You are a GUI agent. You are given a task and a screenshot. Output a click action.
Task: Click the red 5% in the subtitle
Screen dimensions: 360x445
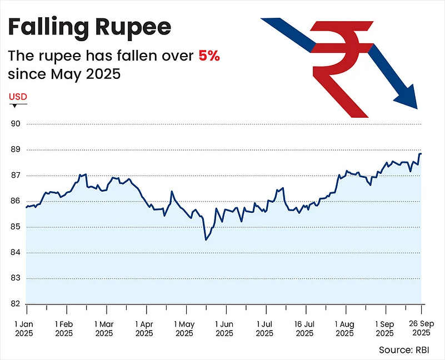[209, 56]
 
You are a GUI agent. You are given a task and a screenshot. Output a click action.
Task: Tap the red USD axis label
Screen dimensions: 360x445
[18, 97]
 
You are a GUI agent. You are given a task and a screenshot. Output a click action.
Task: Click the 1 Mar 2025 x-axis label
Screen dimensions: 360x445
[104, 328]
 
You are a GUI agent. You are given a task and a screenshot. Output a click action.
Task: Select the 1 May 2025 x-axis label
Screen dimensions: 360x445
[184, 328]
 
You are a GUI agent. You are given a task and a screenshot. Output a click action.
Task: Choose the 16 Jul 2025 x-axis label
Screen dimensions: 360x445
[304, 328]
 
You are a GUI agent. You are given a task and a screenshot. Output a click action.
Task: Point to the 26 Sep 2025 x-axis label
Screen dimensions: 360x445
[420, 328]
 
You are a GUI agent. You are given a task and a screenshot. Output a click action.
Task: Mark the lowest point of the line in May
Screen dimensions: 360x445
[206, 240]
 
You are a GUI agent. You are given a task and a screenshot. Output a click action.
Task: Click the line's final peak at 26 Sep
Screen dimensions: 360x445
[421, 154]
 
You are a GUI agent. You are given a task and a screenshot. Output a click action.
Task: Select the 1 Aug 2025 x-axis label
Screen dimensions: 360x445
[344, 328]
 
